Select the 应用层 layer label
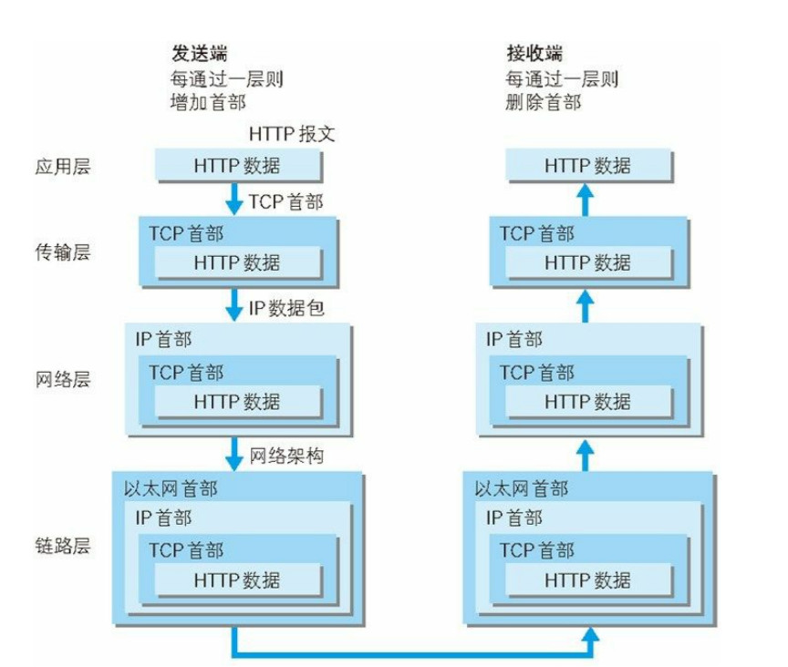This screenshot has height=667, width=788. (61, 166)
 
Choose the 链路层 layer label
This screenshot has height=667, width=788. (61, 548)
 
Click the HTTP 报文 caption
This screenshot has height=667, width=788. (293, 134)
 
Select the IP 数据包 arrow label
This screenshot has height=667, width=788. (287, 309)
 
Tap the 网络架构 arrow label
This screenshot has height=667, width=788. (287, 454)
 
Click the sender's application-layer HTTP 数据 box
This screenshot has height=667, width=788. (237, 166)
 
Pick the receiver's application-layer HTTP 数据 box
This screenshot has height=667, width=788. (588, 166)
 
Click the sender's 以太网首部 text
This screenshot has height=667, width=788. (171, 489)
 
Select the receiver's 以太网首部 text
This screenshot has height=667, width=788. (522, 489)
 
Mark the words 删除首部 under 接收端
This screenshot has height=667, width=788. (544, 102)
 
